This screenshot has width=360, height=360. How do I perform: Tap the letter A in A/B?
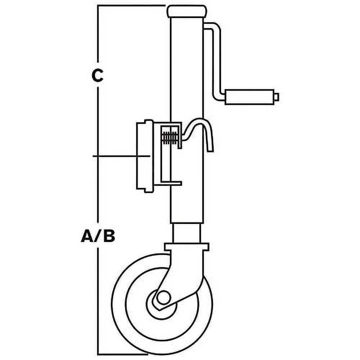[x=87, y=237]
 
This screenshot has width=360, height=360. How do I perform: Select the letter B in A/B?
[x=109, y=237]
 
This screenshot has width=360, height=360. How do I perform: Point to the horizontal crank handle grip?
[x=248, y=97]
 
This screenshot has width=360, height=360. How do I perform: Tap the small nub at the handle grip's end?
[x=276, y=97]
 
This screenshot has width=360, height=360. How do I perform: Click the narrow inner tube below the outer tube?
[x=186, y=233]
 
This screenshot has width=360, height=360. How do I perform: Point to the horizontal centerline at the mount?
[x=115, y=156]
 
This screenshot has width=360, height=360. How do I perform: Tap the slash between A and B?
[x=98, y=237]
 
